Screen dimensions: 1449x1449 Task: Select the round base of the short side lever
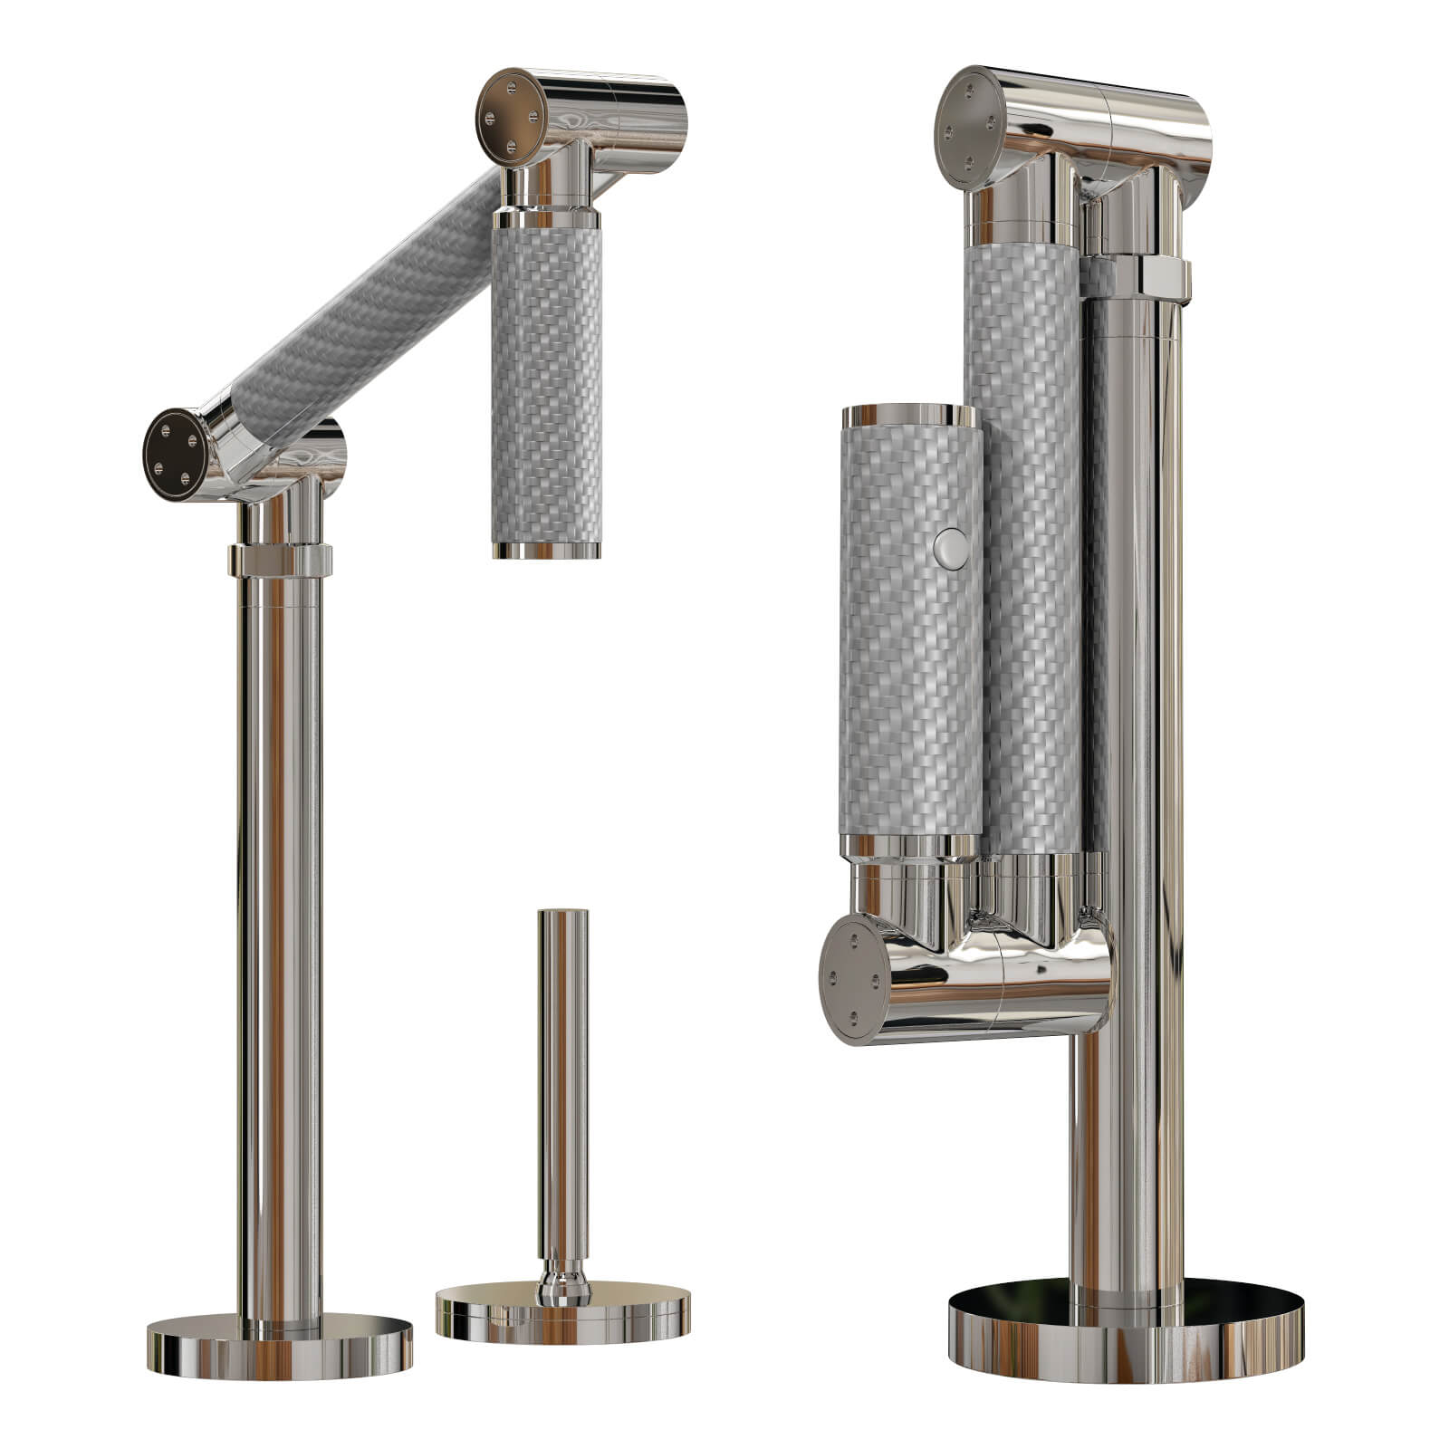pos(562,1314)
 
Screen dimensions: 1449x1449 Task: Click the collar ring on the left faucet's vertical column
pos(279,560)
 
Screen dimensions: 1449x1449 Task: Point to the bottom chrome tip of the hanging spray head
pos(546,549)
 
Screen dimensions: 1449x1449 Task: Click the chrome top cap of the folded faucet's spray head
pos(908,417)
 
